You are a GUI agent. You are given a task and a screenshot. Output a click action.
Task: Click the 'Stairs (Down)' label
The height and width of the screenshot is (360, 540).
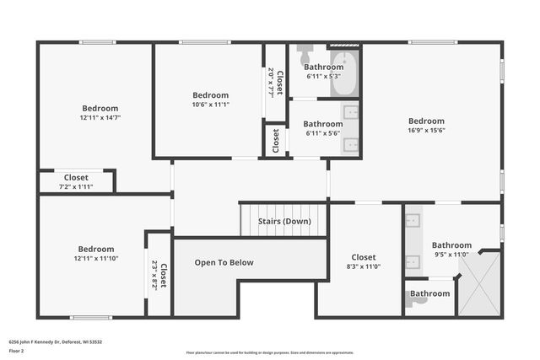coord(284,221)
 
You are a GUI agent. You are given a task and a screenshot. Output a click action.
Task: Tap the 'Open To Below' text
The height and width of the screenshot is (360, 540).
coord(224,262)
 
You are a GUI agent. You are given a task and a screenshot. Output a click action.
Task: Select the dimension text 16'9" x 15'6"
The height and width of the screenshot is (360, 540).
coord(426,130)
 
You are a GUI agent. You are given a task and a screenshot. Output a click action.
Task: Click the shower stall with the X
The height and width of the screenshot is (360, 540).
coord(478,283)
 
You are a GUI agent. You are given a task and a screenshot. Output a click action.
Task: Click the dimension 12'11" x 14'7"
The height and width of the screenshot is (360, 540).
coord(100,118)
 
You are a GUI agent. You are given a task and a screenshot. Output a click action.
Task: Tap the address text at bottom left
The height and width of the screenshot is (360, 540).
coord(56,341)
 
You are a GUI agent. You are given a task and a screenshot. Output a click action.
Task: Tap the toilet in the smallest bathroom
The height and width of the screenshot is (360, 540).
coord(412,299)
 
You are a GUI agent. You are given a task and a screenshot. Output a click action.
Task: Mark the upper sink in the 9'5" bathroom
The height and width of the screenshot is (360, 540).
coord(413,223)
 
